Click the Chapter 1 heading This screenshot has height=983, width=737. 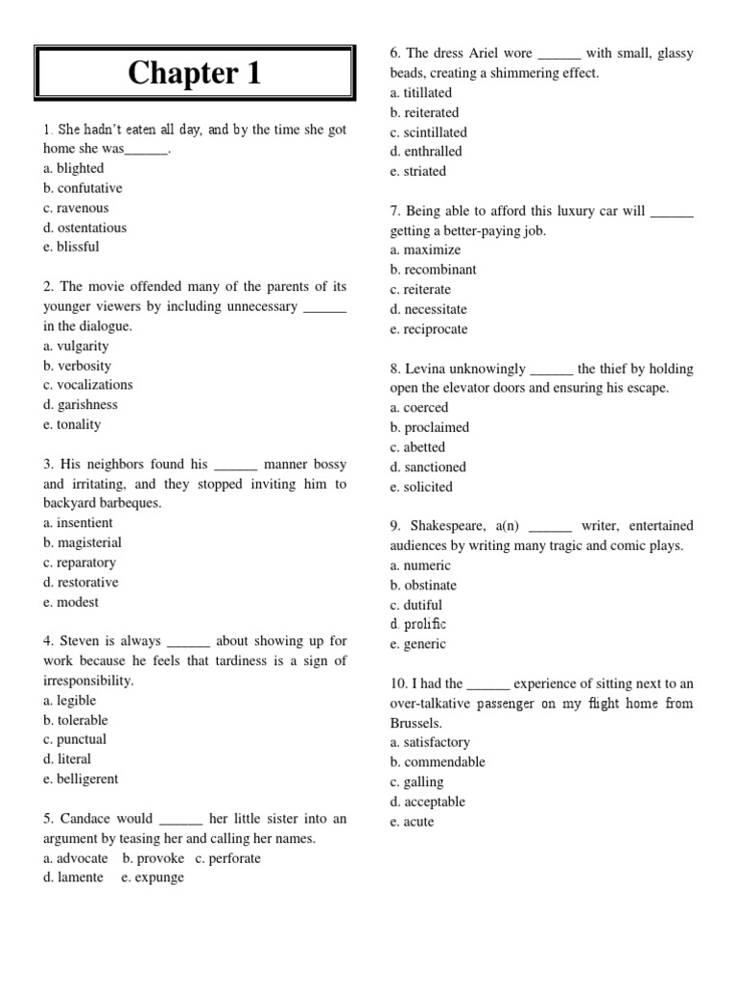point(194,73)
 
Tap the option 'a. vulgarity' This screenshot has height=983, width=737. point(76,346)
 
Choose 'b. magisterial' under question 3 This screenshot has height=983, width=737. point(83,542)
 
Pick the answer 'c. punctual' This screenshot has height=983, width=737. point(75,739)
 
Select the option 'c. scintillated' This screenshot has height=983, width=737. point(429,132)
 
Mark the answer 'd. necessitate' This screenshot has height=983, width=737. point(429,309)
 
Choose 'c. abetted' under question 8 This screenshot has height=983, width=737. point(417,447)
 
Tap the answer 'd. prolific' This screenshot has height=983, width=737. point(418,624)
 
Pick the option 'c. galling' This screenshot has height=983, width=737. point(416,781)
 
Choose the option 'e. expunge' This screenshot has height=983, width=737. point(153,877)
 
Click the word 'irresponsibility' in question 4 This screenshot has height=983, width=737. point(88,681)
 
